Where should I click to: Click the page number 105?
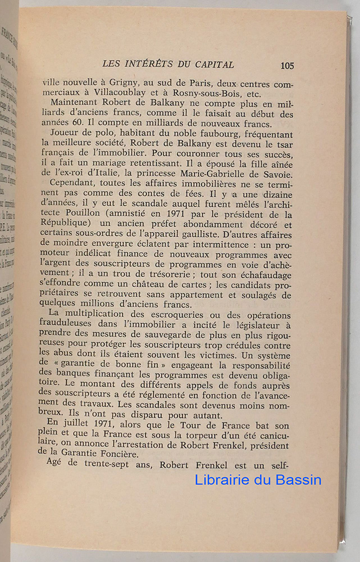[286, 65]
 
